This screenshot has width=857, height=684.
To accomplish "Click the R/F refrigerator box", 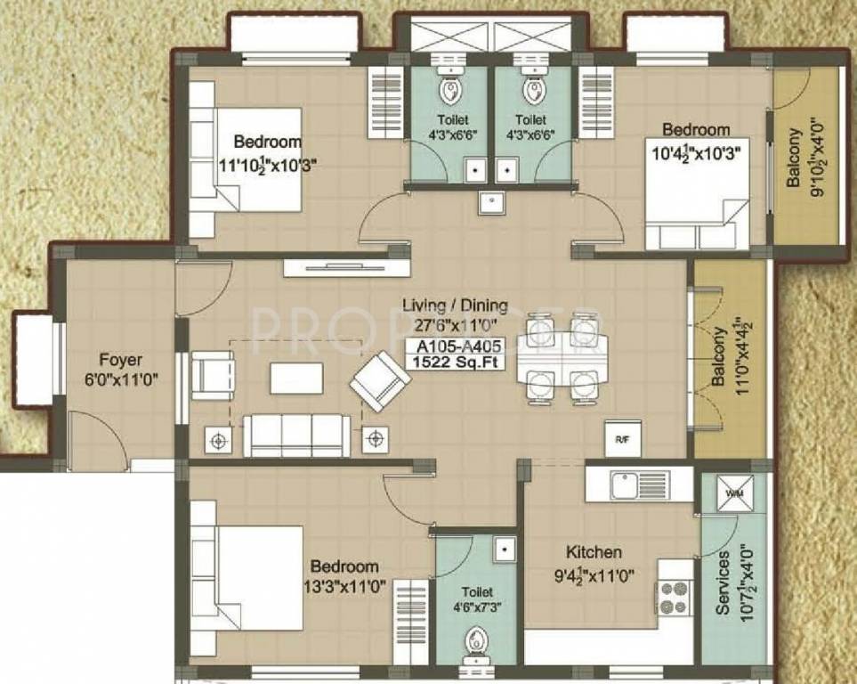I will tap(621, 437).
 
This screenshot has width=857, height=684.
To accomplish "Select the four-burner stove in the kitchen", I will tap(674, 594).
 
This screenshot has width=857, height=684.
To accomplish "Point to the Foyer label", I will tap(120, 361).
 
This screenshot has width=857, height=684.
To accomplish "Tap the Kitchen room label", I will tap(594, 552).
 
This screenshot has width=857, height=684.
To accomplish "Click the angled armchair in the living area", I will tap(380, 380).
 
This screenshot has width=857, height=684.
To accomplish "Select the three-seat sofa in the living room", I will tap(296, 436).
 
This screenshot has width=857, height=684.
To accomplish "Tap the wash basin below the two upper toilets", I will tap(491, 204).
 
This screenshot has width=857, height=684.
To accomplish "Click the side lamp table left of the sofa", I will tap(218, 437).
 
